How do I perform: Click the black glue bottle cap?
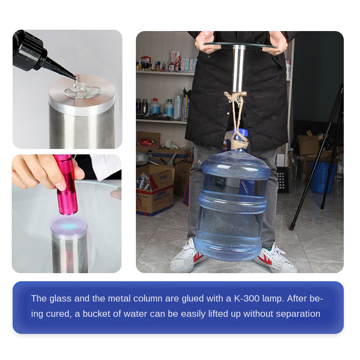click(x=30, y=50)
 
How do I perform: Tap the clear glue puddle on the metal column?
click(x=82, y=90)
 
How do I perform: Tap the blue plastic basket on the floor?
click(x=323, y=177)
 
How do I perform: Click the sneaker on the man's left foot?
click(x=275, y=257)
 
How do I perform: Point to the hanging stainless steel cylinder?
click(x=239, y=69)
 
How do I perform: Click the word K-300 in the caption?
click(x=247, y=298)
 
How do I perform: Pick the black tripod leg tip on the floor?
click(x=292, y=227)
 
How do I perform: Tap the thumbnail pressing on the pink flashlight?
click(x=62, y=186)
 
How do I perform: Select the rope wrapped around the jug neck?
click(x=240, y=143)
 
